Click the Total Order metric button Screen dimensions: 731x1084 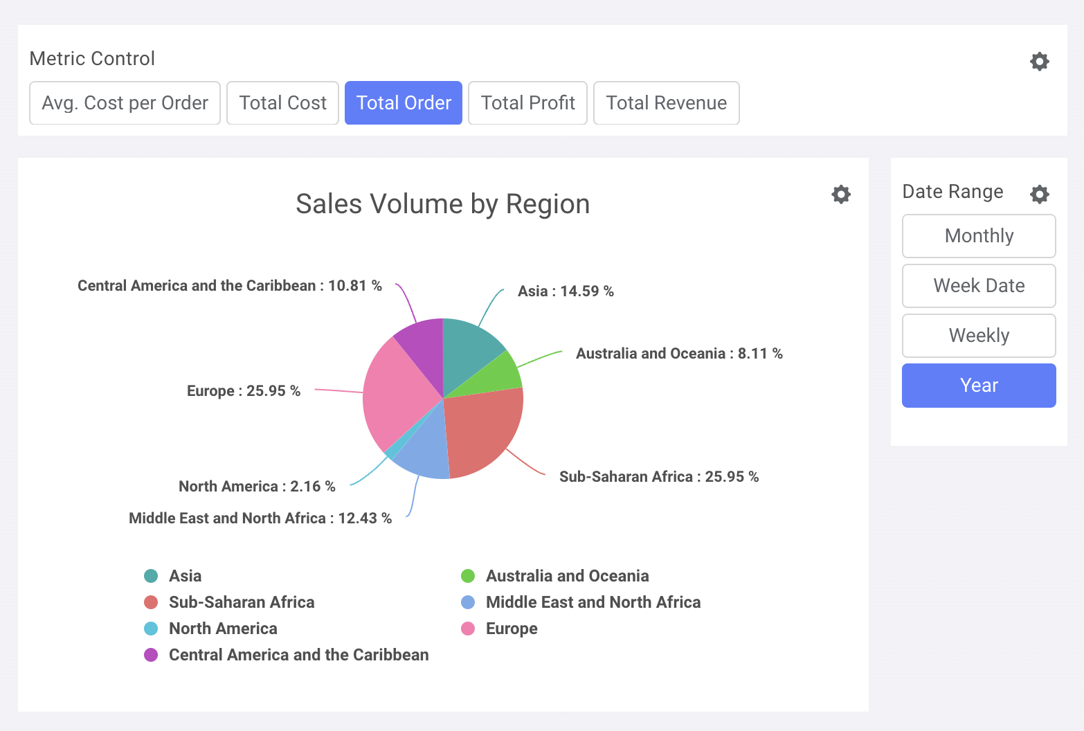point(403,103)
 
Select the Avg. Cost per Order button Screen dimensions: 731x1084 point(125,103)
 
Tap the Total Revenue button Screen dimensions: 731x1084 point(666,103)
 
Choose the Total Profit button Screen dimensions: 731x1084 point(527,103)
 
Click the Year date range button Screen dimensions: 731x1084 point(978,386)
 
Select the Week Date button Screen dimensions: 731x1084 point(978,286)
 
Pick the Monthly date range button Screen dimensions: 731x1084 point(978,236)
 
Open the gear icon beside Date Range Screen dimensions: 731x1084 point(1039,194)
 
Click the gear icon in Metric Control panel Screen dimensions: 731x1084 point(1039,62)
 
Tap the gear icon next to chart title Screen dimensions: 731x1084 point(840,195)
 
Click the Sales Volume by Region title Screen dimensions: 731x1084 point(442,204)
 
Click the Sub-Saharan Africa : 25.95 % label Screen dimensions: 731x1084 point(658,477)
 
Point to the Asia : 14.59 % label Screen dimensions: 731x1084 point(566,291)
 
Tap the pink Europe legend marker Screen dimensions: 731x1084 point(468,629)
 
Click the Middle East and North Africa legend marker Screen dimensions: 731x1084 point(468,602)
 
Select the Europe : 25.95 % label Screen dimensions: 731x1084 point(243,391)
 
